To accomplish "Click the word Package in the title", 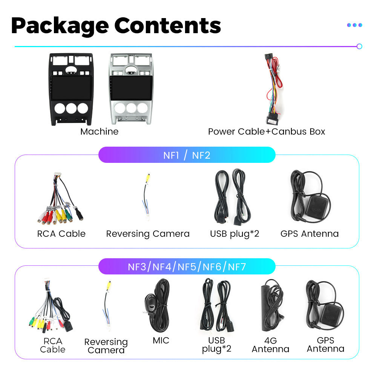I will (60, 26).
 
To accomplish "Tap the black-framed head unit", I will (71, 89).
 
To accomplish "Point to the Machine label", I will (99, 132).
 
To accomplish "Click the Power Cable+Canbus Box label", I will (267, 132).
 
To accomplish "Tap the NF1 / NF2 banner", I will (187, 155).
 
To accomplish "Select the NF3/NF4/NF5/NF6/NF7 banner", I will (187, 267).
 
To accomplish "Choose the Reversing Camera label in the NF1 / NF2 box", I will (148, 234).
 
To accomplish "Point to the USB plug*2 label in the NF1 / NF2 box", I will (234, 234).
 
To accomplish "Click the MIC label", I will (161, 340).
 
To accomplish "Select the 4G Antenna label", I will (270, 345).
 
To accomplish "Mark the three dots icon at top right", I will (354, 25).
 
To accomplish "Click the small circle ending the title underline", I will (359, 46).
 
